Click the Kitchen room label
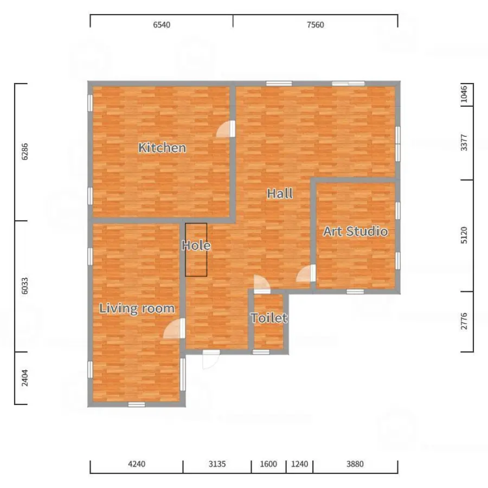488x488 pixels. [x=162, y=147]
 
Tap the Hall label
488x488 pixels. [x=280, y=194]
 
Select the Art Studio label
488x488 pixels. [x=355, y=231]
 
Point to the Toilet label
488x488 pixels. [x=269, y=318]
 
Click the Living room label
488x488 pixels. [x=137, y=309]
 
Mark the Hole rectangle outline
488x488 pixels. [x=185, y=249]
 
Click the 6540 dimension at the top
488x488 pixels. [x=162, y=25]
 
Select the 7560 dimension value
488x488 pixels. [x=315, y=25]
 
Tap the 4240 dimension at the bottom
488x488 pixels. [x=137, y=464]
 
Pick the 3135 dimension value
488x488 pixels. [x=217, y=464]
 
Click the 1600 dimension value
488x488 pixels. [x=268, y=464]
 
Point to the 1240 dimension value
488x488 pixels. [x=299, y=464]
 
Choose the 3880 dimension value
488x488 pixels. [x=355, y=464]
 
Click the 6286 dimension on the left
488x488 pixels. [x=24, y=152]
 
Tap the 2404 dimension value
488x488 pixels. [x=24, y=378]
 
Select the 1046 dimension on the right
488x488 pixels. [x=464, y=94]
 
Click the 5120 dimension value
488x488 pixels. [x=464, y=235]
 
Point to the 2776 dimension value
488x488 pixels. [x=464, y=321]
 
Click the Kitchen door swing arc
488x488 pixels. [x=220, y=126]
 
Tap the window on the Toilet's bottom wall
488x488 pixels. [x=261, y=352]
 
